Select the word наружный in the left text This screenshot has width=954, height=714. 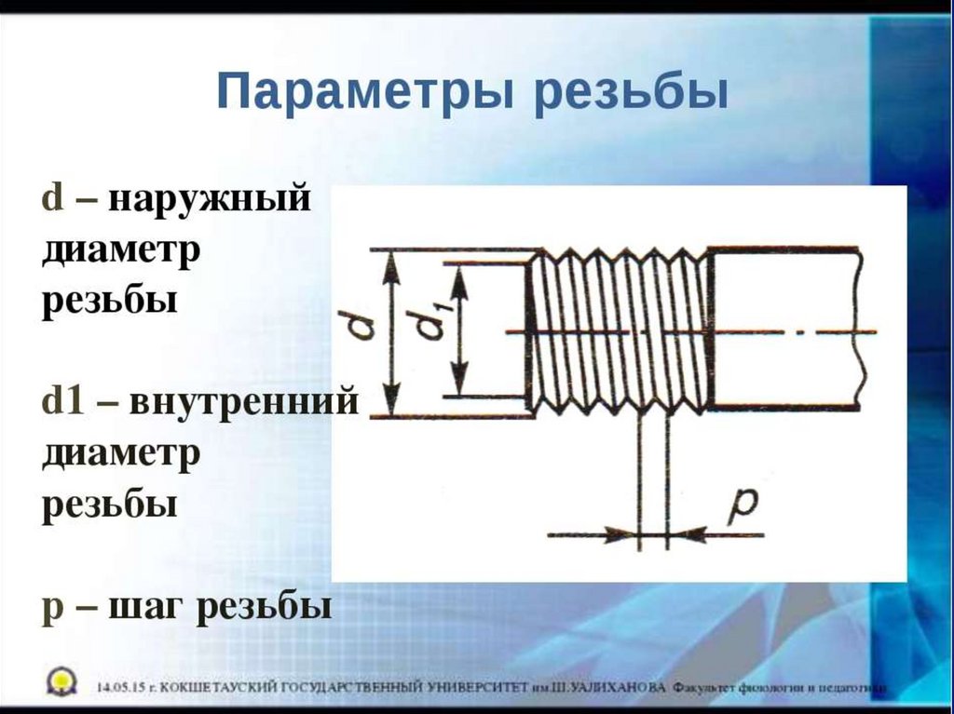(211, 200)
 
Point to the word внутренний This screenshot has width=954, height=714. (244, 403)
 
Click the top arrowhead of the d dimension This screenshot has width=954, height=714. (392, 264)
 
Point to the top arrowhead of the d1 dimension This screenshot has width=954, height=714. (457, 277)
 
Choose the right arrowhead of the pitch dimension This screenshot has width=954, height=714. (688, 535)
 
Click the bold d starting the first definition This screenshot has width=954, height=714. (52, 200)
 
